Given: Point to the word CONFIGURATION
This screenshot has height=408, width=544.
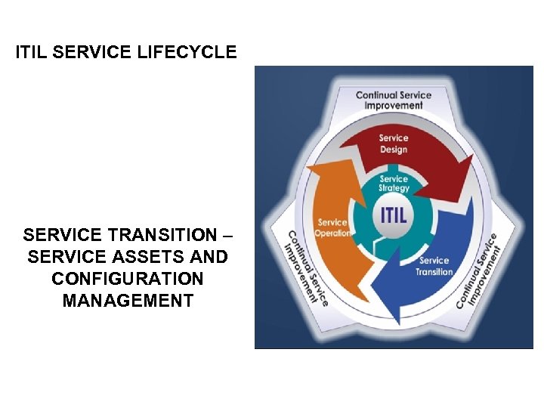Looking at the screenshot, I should pyautogui.click(x=128, y=279).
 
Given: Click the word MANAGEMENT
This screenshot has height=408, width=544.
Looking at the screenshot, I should pyautogui.click(x=128, y=301).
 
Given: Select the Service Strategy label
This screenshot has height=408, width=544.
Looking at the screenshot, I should pyautogui.click(x=394, y=184).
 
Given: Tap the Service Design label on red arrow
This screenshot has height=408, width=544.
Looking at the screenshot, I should pyautogui.click(x=393, y=144).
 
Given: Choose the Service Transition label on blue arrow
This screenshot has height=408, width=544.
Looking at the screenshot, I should pyautogui.click(x=434, y=266).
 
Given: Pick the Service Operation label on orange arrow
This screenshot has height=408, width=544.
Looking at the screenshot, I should pyautogui.click(x=333, y=227).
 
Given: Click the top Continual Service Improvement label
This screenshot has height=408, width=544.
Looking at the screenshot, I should pyautogui.click(x=393, y=100).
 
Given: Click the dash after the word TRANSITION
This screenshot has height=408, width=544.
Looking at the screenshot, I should pyautogui.click(x=225, y=235).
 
